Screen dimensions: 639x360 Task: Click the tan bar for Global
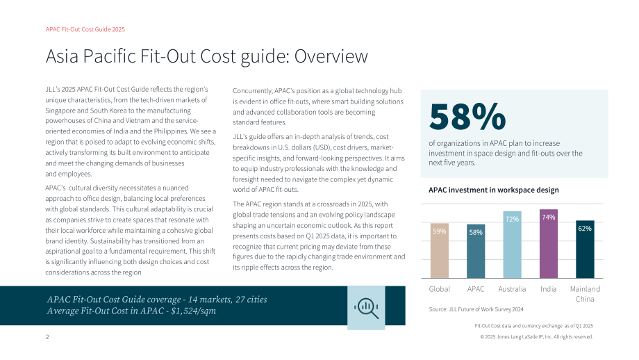pos(439,251)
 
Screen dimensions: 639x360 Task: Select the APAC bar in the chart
pos(476,251)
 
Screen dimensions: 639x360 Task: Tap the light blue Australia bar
pos(512,245)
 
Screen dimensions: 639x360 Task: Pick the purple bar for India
pos(549,244)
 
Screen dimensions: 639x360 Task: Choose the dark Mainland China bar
pos(585,249)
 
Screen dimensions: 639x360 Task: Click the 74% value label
pos(549,218)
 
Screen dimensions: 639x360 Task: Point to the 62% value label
pos(585,229)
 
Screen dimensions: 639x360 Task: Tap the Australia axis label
pos(512,289)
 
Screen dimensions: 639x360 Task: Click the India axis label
pos(548,289)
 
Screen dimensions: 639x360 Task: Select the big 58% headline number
pos(467,117)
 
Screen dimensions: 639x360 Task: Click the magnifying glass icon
pos(366,308)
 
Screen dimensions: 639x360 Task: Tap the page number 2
pos(47,337)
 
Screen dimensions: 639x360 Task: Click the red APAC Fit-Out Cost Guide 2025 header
pos(85,29)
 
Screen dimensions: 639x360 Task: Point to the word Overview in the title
pos(331,56)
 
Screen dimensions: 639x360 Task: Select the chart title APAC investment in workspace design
pos(494,190)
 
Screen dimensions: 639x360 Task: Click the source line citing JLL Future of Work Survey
pos(476,309)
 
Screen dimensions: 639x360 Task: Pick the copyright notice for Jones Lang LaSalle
pos(537,337)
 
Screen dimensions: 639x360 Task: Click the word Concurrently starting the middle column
pos(252,91)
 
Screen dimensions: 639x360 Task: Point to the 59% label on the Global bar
pos(439,231)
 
